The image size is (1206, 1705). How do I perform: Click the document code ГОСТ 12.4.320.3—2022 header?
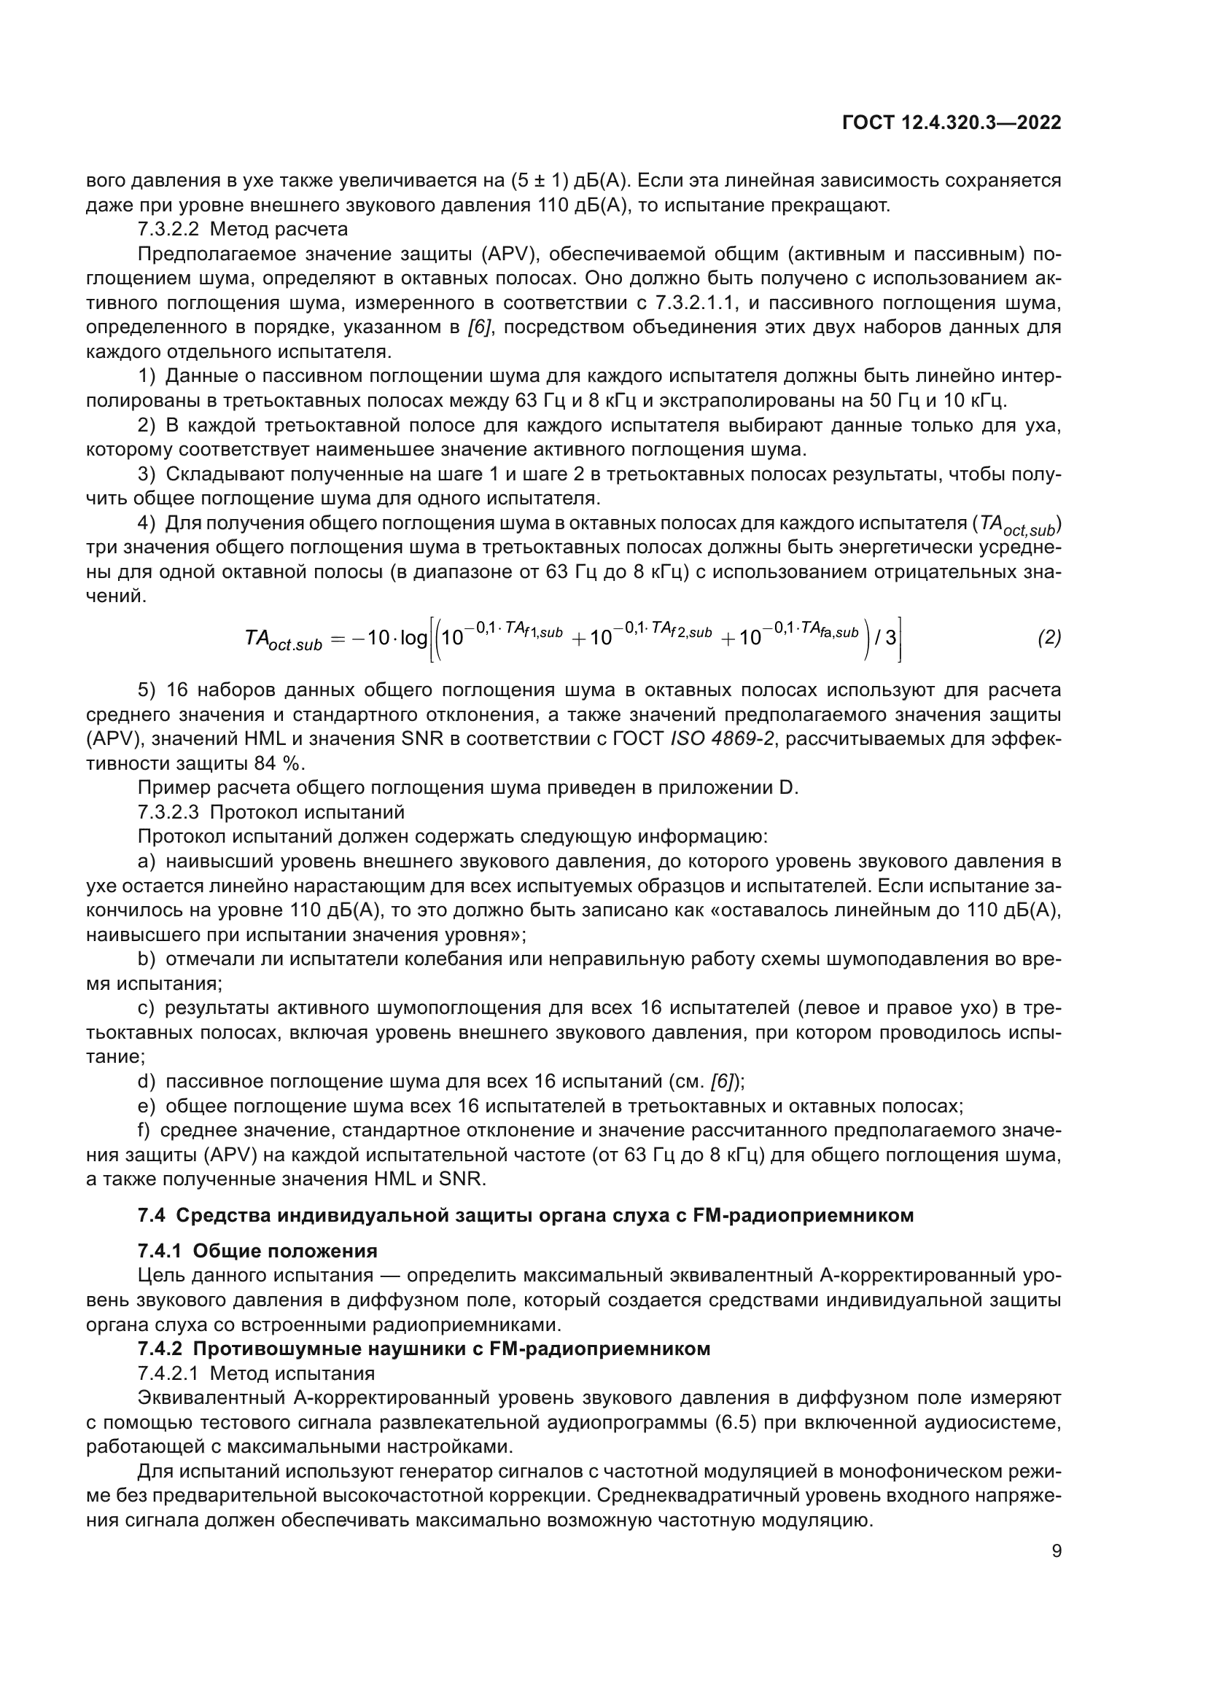[x=952, y=123]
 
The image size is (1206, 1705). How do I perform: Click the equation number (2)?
[x=1049, y=638]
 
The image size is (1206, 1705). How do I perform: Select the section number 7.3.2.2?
[x=168, y=229]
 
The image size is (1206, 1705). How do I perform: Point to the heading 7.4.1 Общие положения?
[x=257, y=1251]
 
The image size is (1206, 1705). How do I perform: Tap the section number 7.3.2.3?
[x=168, y=811]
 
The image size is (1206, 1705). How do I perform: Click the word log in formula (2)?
[x=413, y=638]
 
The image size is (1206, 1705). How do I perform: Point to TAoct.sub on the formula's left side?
[x=283, y=640]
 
